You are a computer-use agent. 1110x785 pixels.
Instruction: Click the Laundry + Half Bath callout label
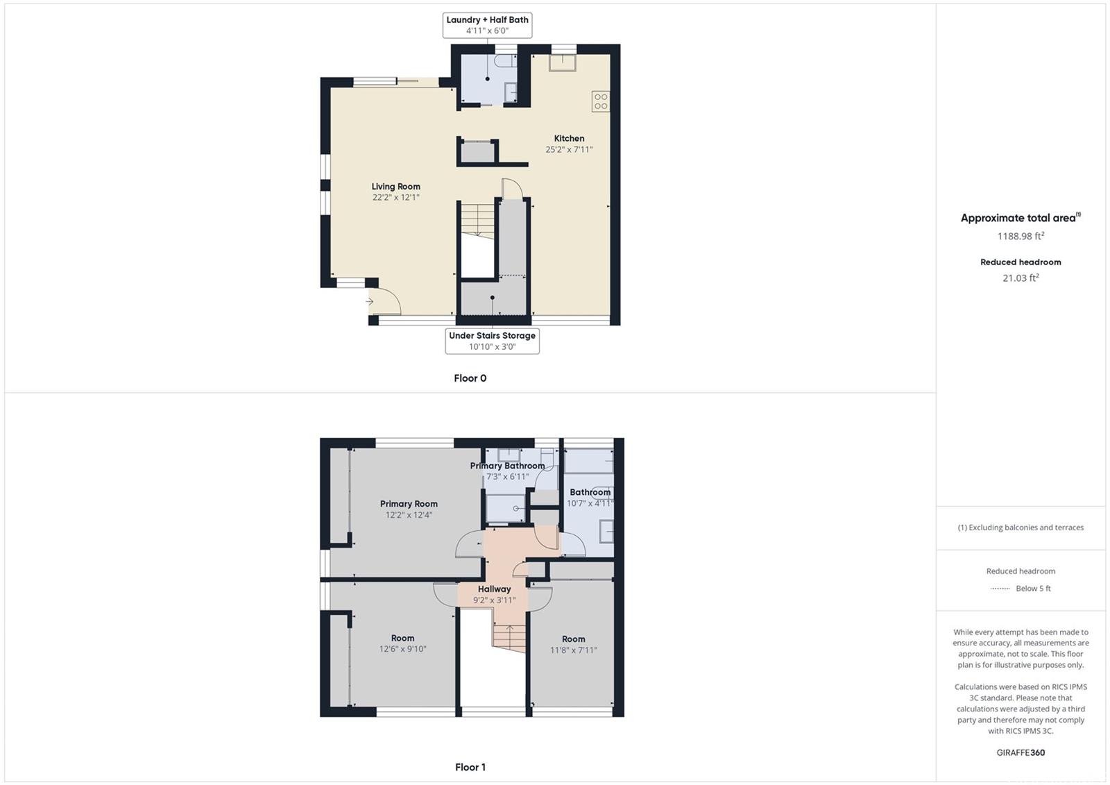click(487, 25)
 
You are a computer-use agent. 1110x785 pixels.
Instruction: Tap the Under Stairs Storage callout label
click(492, 341)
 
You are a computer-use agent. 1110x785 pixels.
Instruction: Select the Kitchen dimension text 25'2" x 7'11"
click(569, 149)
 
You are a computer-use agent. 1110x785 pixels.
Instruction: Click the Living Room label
click(396, 187)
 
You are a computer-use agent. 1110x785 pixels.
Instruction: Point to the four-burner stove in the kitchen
click(601, 101)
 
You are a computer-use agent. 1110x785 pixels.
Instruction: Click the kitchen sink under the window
click(562, 62)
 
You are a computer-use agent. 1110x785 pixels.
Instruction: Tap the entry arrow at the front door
click(370, 301)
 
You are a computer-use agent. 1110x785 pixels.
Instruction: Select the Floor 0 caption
click(470, 378)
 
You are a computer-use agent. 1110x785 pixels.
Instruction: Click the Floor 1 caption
click(470, 767)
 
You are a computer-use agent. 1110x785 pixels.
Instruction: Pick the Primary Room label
click(409, 503)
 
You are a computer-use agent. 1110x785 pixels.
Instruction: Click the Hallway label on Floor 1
click(494, 589)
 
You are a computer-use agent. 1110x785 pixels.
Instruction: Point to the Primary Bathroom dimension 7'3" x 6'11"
click(507, 477)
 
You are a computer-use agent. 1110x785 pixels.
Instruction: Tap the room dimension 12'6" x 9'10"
click(403, 649)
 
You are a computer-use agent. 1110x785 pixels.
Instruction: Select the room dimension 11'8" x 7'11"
click(573, 650)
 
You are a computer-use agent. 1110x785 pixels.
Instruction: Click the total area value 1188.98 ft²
click(1021, 236)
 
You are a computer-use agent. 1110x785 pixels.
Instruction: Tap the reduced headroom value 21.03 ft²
click(1021, 278)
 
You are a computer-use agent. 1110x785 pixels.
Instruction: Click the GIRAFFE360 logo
click(1021, 752)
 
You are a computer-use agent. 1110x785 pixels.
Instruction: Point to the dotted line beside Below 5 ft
click(1000, 589)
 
